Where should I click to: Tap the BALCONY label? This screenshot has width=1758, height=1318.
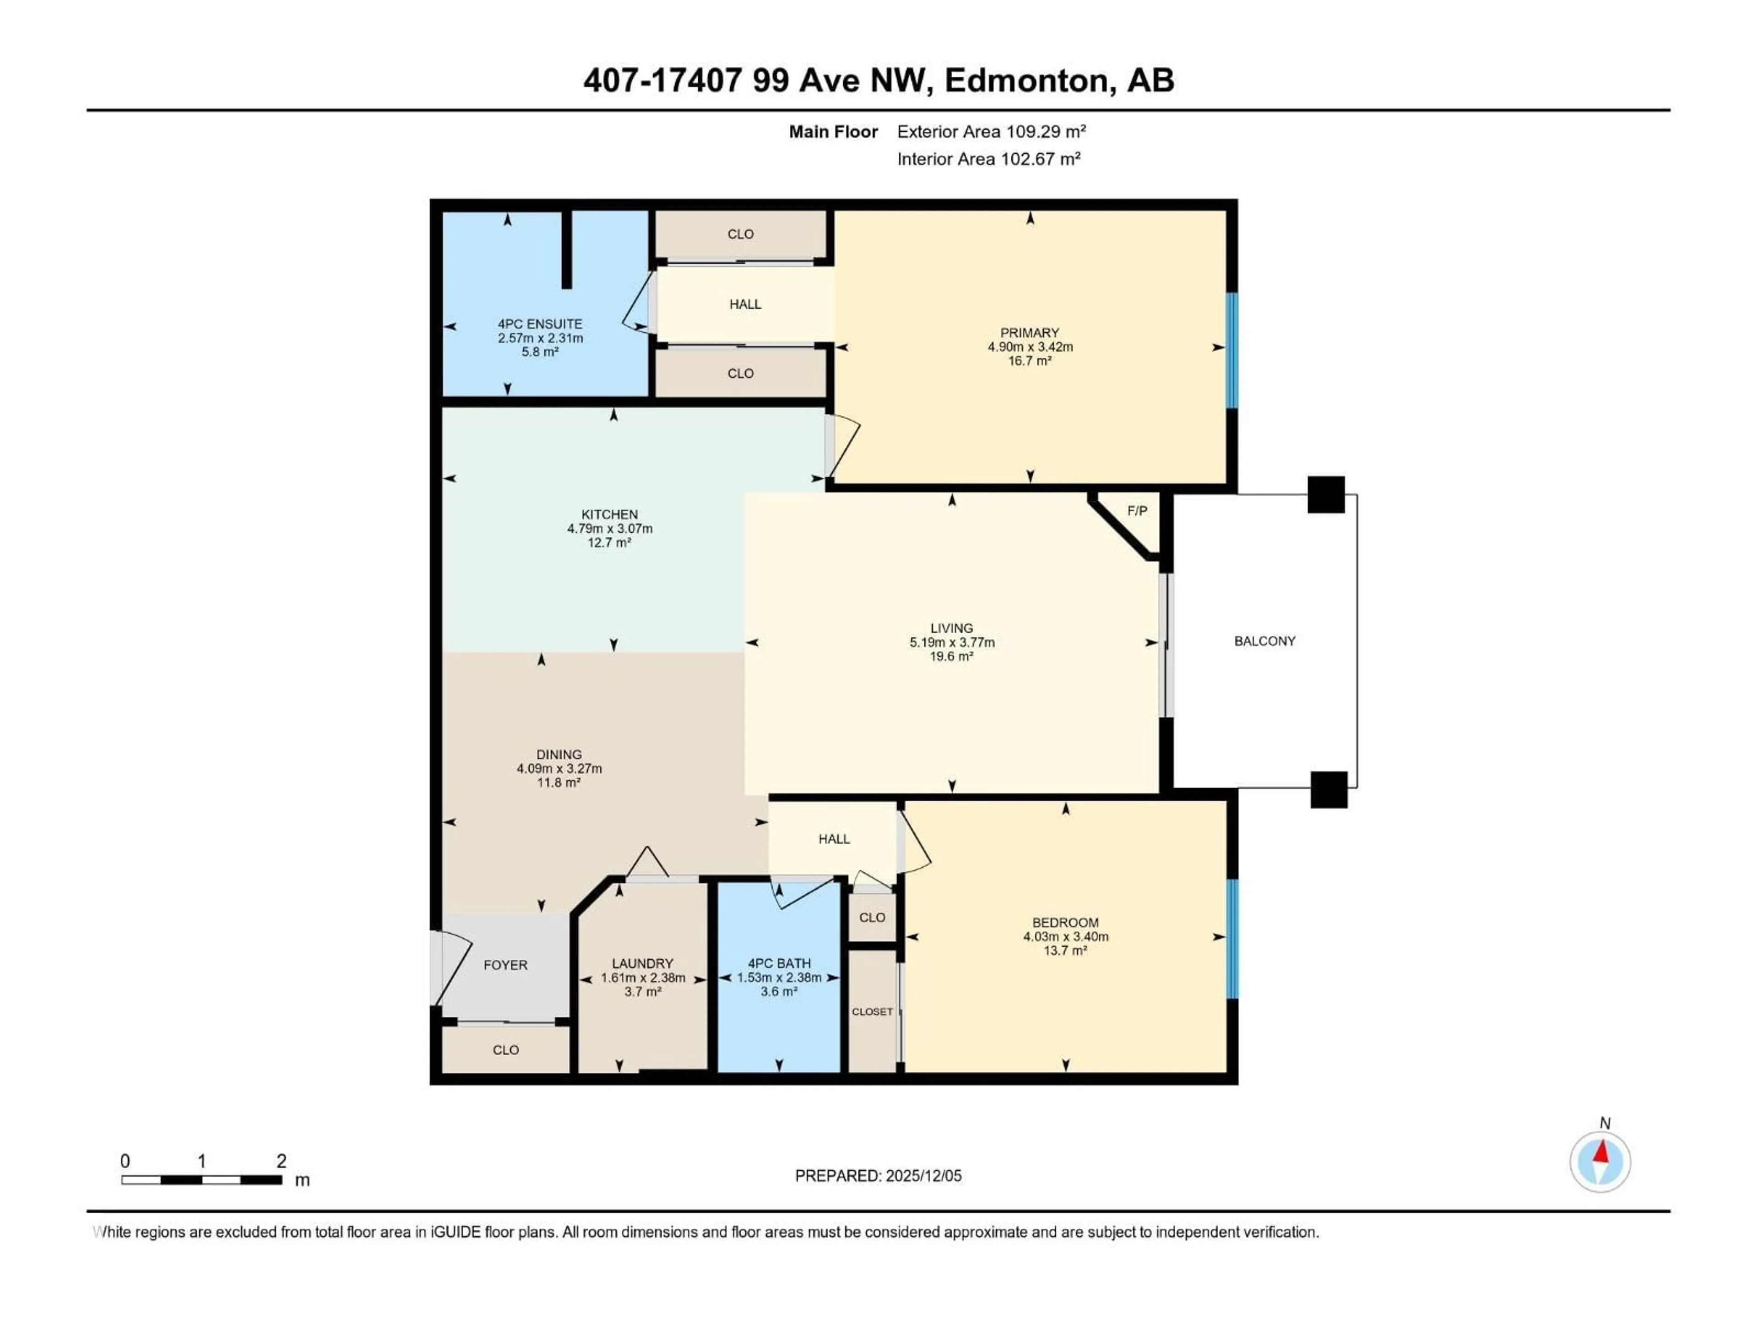pos(1264,641)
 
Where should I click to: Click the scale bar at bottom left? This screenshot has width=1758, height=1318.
pos(202,1180)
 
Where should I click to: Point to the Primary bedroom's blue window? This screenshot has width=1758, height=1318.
pos(1232,351)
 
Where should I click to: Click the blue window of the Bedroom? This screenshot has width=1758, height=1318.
pos(1232,938)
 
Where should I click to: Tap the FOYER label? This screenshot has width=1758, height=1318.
pos(505,965)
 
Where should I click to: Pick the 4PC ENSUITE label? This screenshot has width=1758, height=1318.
pos(540,324)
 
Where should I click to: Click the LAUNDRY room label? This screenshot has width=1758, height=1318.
pos(642,964)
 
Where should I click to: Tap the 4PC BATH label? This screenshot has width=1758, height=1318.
pos(779,964)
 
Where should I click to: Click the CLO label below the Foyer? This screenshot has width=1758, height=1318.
pos(505,1050)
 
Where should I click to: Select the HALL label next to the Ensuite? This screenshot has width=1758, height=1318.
pos(745,304)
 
